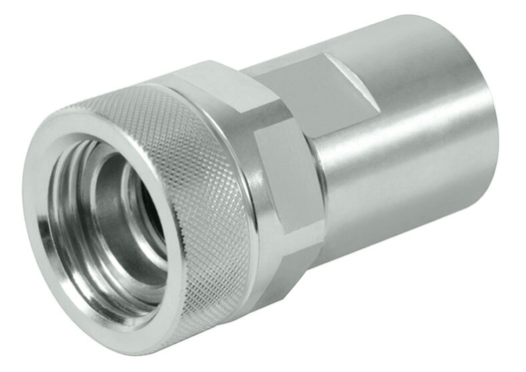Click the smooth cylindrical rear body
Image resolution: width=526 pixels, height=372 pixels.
click(x=418, y=150)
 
